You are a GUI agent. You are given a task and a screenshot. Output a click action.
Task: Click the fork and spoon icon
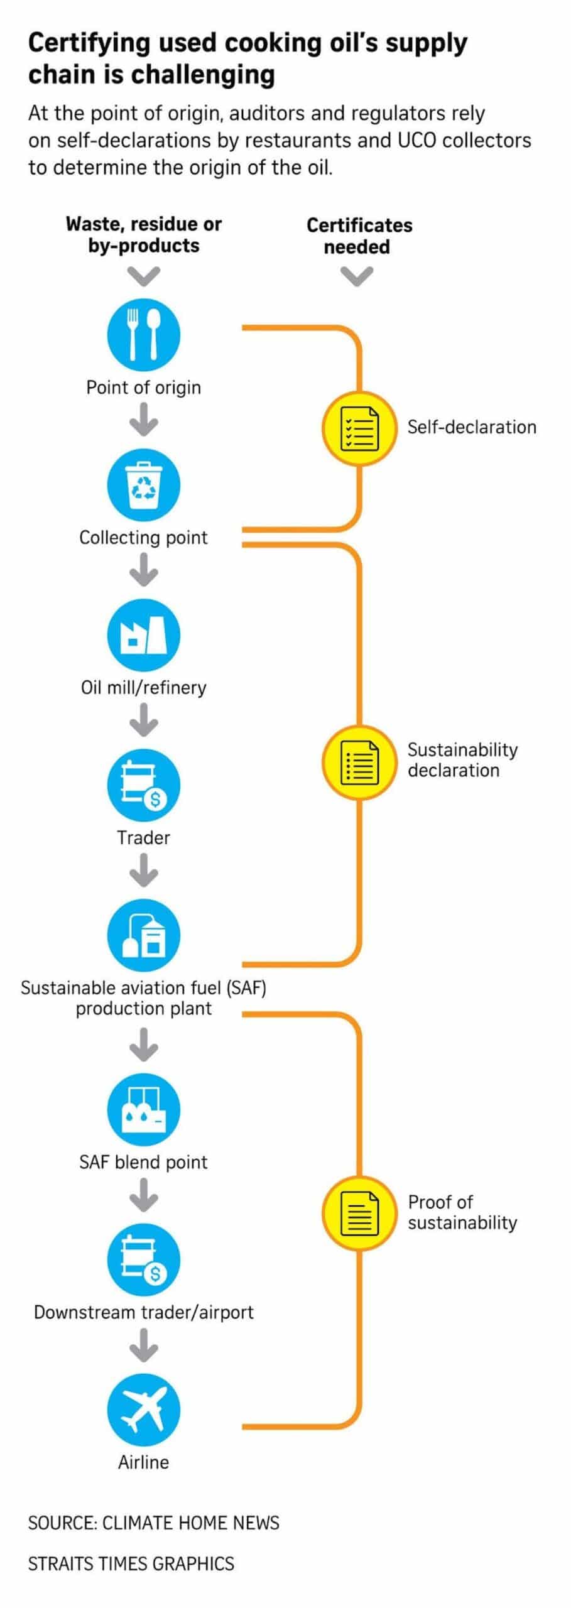click(144, 334)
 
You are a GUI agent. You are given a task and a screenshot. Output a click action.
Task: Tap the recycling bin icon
click(144, 485)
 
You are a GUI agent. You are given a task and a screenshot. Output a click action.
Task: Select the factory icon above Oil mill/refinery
click(144, 635)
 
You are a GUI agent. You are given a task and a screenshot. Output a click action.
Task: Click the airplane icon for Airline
click(144, 1410)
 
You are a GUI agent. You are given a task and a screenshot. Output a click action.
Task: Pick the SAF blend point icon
click(144, 1110)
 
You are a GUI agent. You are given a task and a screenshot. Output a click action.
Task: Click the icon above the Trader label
click(144, 785)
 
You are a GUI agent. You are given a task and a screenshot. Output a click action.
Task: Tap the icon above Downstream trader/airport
click(144, 1260)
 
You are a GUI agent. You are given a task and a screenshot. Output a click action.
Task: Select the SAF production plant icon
click(144, 935)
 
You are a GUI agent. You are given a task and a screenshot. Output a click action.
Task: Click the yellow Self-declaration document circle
click(359, 428)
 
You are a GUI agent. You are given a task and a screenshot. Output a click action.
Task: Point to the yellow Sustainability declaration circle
click(359, 762)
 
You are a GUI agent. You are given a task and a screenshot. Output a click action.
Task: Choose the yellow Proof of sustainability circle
click(359, 1213)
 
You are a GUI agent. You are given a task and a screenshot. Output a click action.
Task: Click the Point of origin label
click(144, 388)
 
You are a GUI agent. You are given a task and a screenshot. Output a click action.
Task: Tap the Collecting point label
click(143, 538)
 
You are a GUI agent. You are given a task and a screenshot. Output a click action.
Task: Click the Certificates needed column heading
click(359, 236)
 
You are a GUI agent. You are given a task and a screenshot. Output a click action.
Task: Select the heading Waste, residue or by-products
click(144, 234)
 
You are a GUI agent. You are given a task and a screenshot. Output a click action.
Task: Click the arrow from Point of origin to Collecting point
click(144, 420)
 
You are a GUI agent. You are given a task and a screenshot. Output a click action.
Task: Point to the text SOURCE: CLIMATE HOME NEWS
click(154, 1523)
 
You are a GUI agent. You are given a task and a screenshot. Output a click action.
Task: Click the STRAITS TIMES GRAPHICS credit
click(131, 1563)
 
